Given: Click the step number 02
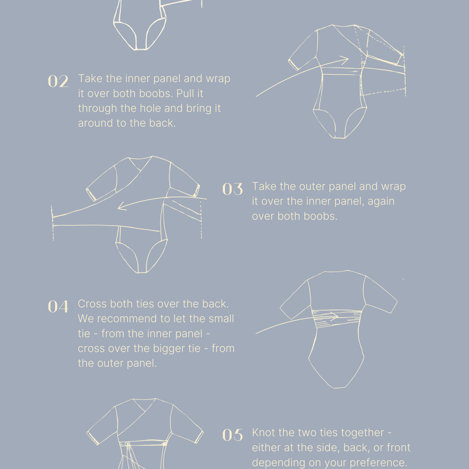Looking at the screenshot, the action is [x=58, y=81].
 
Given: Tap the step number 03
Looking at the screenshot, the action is [x=233, y=189].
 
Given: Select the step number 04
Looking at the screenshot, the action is [x=58, y=307].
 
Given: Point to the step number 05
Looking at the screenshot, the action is [x=233, y=435].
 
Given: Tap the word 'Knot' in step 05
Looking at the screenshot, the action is [x=264, y=432].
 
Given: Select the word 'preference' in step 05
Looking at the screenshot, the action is [x=370, y=462].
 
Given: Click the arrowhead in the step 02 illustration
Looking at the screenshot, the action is [x=345, y=60].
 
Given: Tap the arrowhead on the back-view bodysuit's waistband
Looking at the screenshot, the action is [x=334, y=316].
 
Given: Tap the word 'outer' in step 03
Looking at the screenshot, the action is [x=312, y=187].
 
